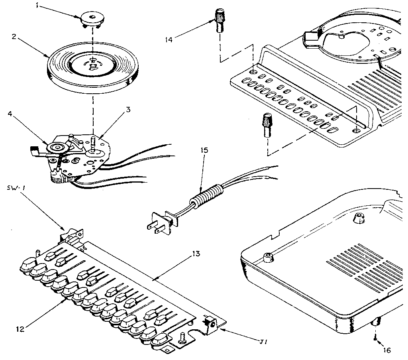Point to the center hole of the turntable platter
pos(93,60)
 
